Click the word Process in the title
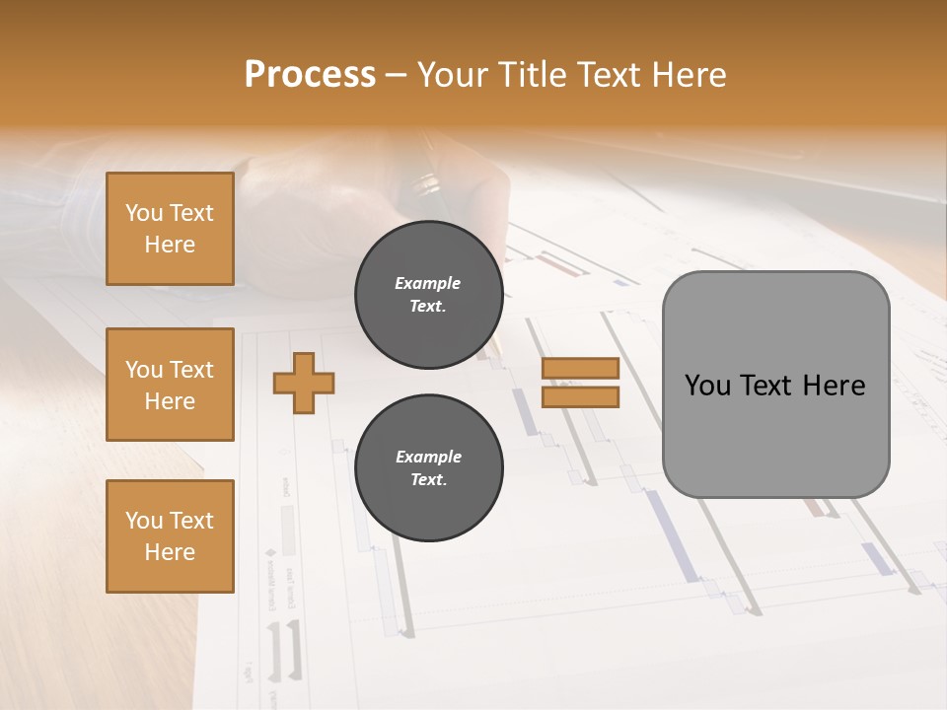coord(310,75)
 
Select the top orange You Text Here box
coord(170,229)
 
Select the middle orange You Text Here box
coord(170,385)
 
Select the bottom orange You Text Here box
coord(170,536)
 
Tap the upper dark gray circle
coord(428,295)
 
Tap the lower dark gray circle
coord(428,467)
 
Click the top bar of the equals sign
coord(580,368)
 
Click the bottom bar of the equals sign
coord(580,397)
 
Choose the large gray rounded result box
coord(775,385)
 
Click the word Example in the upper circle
coord(428,283)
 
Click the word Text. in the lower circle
coord(428,480)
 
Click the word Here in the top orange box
coord(170,245)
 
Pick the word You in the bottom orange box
coord(143,521)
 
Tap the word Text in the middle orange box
coord(191,370)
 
